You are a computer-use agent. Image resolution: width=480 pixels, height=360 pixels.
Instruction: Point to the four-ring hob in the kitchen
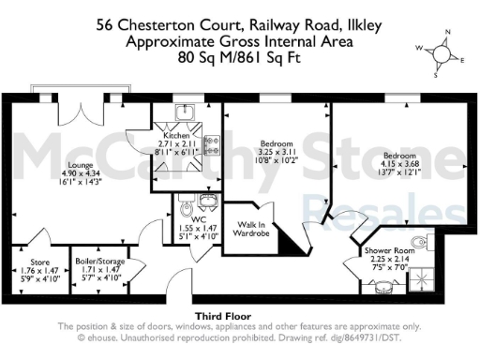tap(211, 146)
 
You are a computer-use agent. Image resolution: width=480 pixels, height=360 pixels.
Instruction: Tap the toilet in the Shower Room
tap(427, 245)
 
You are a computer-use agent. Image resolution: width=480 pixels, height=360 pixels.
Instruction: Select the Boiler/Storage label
tap(99, 262)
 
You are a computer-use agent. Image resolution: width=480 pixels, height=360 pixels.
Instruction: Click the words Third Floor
tap(220, 316)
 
